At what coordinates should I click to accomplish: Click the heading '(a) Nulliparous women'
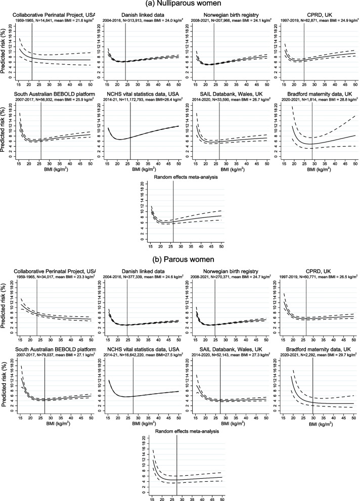click(179, 4)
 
